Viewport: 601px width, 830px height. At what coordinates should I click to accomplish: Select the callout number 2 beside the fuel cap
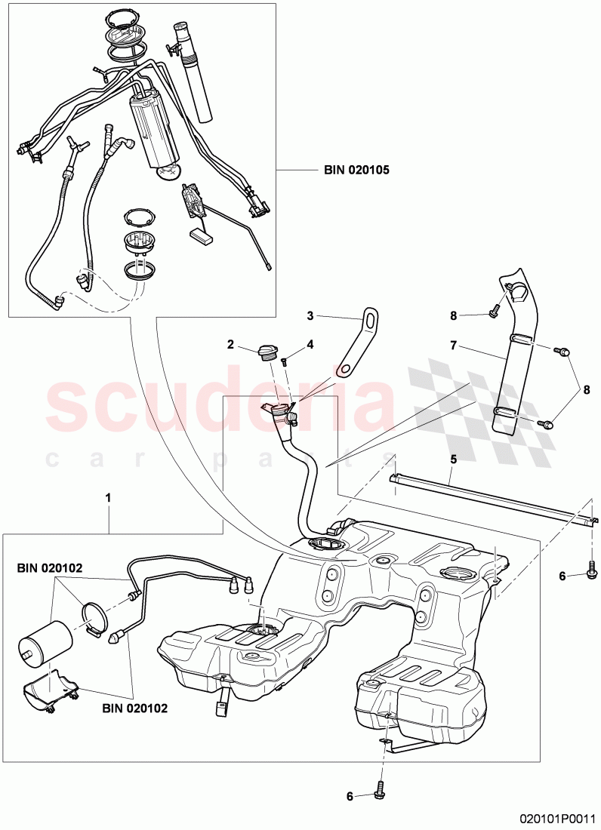230,345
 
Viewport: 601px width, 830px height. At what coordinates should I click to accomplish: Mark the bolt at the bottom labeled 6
381,794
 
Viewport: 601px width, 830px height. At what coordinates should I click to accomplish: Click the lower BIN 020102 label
134,709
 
